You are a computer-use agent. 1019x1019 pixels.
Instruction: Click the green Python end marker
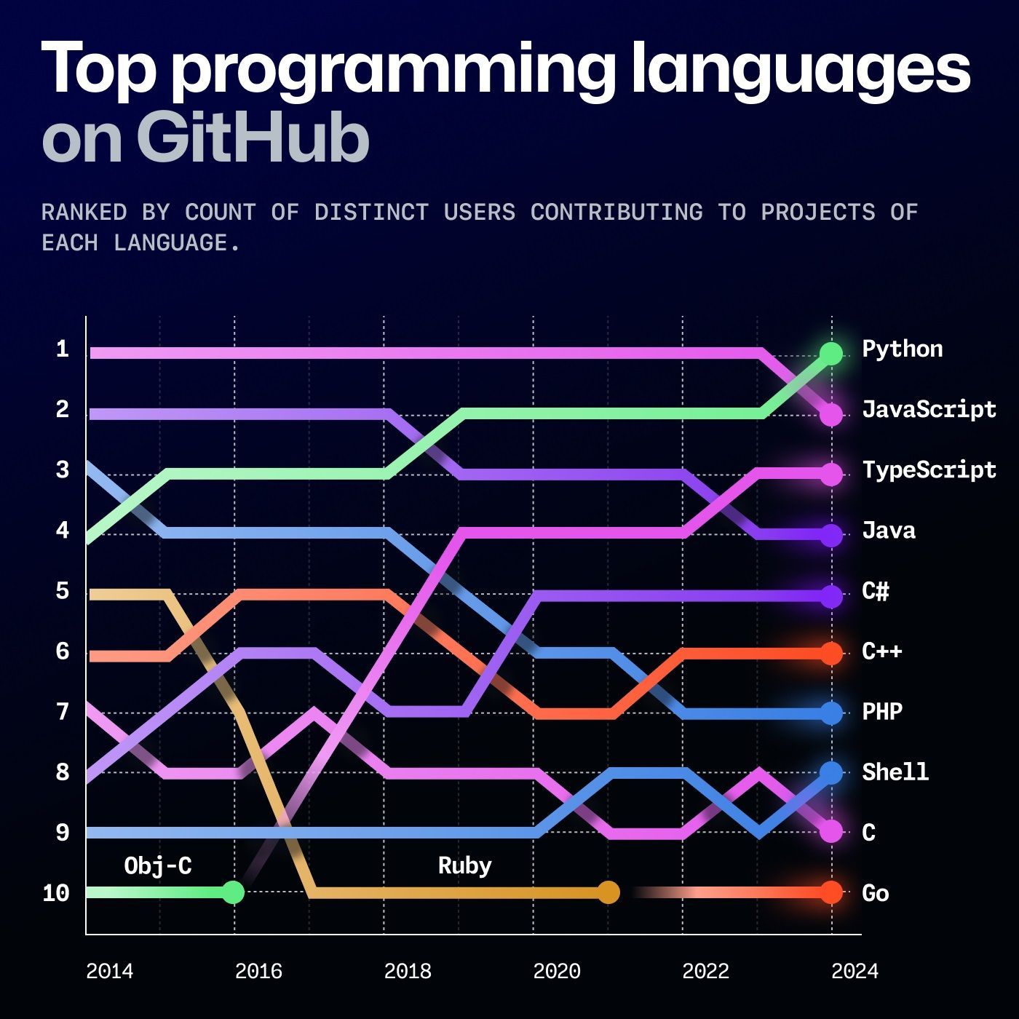[x=830, y=353]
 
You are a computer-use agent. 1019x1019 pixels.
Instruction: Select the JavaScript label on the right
[x=928, y=410]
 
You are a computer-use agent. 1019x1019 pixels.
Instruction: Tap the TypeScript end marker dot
[x=830, y=474]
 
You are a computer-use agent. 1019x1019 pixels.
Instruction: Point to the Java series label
[x=888, y=531]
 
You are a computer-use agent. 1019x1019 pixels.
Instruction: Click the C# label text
[x=875, y=591]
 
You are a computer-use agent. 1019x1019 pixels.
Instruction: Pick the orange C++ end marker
[x=830, y=654]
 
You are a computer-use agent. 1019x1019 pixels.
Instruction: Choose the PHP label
[x=881, y=711]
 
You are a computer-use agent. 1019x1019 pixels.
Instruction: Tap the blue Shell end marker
[x=830, y=772]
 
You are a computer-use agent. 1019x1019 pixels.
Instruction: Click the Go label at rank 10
[x=875, y=893]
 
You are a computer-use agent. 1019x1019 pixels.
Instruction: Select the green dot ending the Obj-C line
[x=233, y=892]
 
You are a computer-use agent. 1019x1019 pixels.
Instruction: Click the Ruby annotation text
[x=464, y=865]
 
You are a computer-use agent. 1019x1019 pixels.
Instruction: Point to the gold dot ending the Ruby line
[x=608, y=892]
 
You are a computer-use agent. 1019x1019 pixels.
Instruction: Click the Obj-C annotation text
[x=157, y=865]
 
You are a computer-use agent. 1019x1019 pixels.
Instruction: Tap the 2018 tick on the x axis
[x=407, y=971]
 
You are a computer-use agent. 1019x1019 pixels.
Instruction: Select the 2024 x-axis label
[x=855, y=971]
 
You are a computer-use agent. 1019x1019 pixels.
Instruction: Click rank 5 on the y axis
[x=63, y=591]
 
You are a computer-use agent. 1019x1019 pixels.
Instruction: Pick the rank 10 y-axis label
[x=56, y=893]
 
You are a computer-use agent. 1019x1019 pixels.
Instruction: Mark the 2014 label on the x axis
[x=109, y=971]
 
